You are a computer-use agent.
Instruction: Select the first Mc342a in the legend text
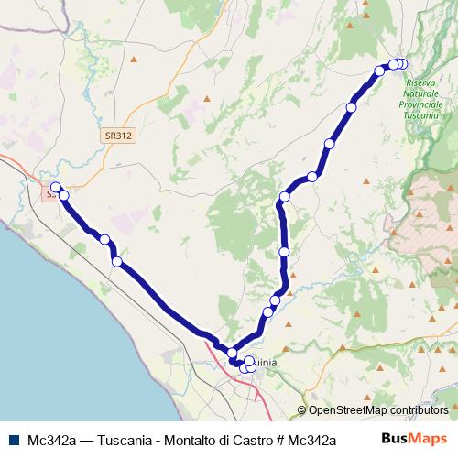coord(52,439)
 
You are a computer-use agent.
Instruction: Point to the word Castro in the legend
coord(261,439)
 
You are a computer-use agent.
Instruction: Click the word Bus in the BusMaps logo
coord(395,438)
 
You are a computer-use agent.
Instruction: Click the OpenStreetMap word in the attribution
coord(344,411)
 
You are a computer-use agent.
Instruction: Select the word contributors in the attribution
coord(417,411)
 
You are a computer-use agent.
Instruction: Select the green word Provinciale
coord(422,106)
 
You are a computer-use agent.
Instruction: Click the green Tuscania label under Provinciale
coord(422,117)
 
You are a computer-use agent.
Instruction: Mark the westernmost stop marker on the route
coord(56,188)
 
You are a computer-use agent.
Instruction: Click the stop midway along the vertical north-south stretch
coord(284,251)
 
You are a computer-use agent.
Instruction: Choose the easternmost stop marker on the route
coord(403,63)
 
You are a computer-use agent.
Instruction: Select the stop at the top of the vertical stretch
coord(285,197)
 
